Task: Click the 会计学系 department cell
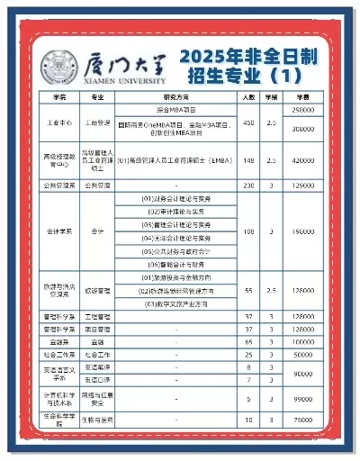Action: [x=58, y=231]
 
